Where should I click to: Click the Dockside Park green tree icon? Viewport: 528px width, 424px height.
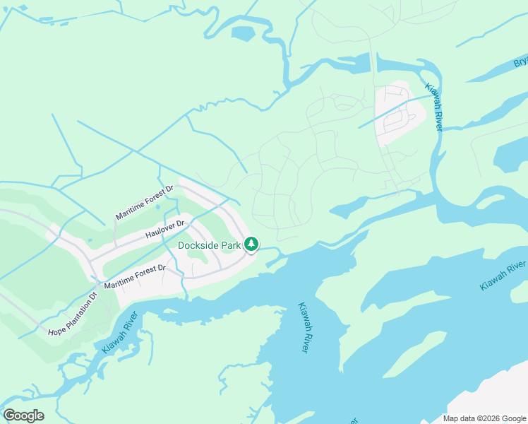(251, 245)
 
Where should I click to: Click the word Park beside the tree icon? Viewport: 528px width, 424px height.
(232, 245)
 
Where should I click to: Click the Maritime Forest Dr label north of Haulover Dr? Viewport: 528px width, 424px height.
(144, 203)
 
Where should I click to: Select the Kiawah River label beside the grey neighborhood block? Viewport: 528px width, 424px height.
(433, 107)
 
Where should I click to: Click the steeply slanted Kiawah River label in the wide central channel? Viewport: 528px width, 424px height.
(301, 329)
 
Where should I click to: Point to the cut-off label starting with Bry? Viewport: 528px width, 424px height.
(520, 63)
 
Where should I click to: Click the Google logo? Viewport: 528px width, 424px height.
(23, 416)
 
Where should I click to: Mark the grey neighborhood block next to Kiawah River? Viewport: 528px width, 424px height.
(400, 113)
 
